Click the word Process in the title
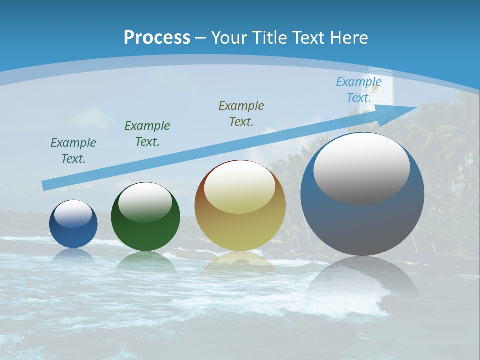click(157, 38)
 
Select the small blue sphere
click(73, 232)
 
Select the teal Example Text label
click(73, 151)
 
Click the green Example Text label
click(147, 134)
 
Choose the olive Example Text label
click(241, 114)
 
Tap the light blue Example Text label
click(359, 90)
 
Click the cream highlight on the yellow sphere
click(240, 187)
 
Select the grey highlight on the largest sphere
click(362, 168)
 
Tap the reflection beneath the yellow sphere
click(240, 262)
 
